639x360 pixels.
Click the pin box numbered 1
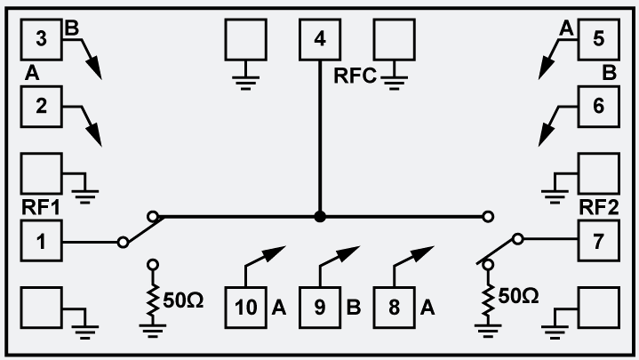(41, 241)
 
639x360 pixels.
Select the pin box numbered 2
(41, 107)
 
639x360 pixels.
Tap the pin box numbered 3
(41, 40)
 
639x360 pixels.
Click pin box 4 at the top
(320, 40)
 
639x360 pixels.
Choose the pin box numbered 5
(598, 40)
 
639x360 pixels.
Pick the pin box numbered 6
(598, 107)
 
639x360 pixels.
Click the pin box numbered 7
(598, 241)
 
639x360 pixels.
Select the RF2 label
(598, 208)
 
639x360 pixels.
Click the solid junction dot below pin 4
(320, 216)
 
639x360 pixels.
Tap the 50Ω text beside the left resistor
(184, 300)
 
